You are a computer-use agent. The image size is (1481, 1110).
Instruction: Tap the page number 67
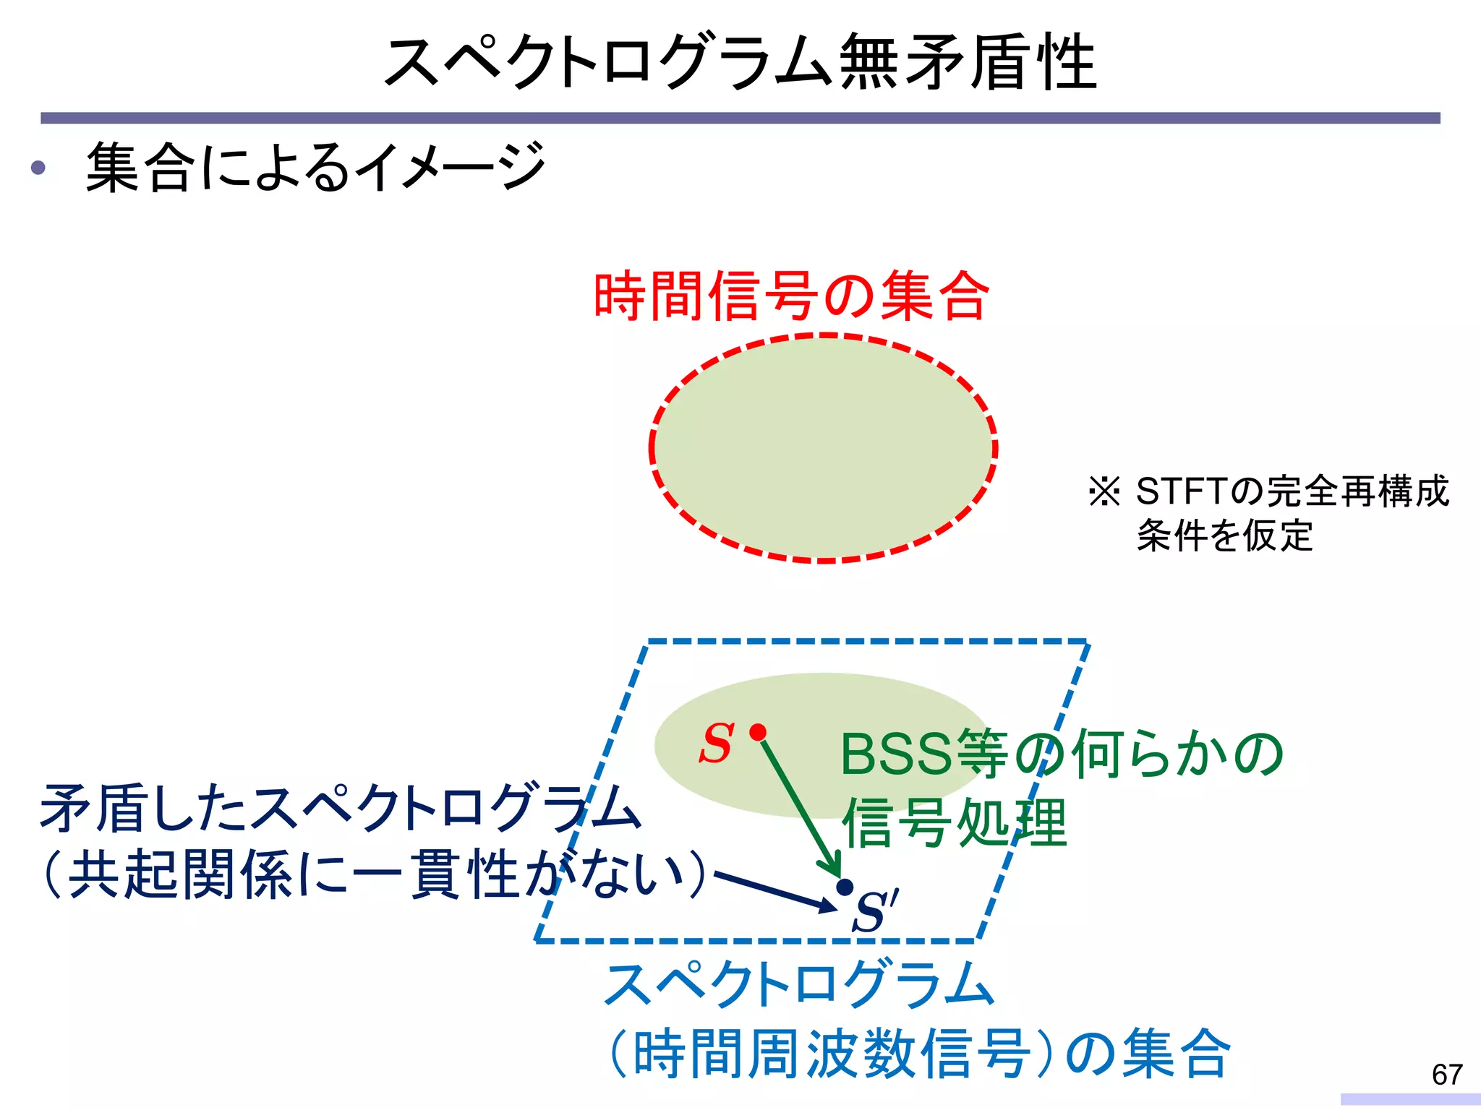[x=1447, y=1075]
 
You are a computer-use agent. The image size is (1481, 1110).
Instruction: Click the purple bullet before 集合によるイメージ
[x=38, y=168]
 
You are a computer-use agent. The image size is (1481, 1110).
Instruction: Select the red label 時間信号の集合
[x=791, y=296]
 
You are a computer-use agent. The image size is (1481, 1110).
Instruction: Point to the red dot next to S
[x=758, y=733]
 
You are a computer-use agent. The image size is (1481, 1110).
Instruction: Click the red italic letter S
[x=717, y=744]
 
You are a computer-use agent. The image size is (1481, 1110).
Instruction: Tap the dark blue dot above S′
[x=844, y=887]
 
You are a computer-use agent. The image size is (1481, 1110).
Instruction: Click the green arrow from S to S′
[x=799, y=806]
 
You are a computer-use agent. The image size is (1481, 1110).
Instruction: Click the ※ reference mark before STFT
[x=1104, y=492]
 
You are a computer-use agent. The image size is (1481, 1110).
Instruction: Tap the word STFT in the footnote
[x=1182, y=492]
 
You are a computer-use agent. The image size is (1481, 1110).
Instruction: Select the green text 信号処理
[x=955, y=822]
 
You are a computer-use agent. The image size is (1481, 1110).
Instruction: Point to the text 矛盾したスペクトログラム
[x=340, y=807]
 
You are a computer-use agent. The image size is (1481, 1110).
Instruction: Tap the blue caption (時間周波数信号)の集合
[x=918, y=1053]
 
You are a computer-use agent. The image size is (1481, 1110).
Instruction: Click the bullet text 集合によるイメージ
[x=315, y=168]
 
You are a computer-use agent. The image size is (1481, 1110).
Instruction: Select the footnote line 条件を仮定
[x=1224, y=536]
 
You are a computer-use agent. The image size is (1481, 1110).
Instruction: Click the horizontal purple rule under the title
[x=740, y=118]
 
